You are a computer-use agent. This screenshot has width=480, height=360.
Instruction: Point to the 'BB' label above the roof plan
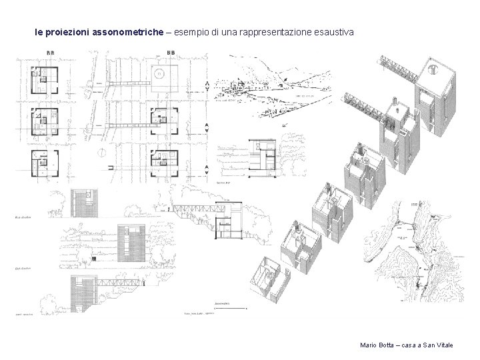(171, 53)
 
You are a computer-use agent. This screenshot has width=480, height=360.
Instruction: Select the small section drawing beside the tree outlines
(262, 154)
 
